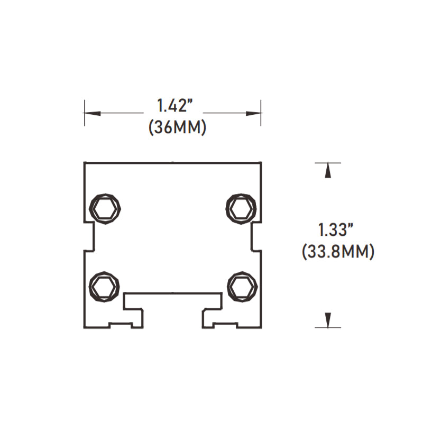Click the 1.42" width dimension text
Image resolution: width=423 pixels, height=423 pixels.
tap(173, 106)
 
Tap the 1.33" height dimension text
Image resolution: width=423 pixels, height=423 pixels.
tap(335, 230)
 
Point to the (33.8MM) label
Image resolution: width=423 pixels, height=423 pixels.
tap(338, 252)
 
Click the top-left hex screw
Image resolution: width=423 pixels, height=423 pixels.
tap(105, 207)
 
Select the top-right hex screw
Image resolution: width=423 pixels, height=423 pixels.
tap(242, 207)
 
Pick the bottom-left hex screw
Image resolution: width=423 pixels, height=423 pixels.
tap(104, 287)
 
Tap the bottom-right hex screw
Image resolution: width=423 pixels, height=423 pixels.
tap(242, 287)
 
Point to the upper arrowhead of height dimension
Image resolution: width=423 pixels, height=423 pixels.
tap(328, 171)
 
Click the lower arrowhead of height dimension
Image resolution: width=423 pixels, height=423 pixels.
tap(328, 319)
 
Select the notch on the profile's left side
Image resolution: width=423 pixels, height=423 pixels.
tap(89, 236)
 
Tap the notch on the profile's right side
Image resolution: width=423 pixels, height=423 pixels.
tap(256, 236)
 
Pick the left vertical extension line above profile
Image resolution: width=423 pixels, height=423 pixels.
tap(85, 113)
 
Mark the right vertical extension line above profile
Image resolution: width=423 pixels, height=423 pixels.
tap(261, 113)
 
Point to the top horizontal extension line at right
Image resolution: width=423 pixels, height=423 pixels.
tap(328, 162)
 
